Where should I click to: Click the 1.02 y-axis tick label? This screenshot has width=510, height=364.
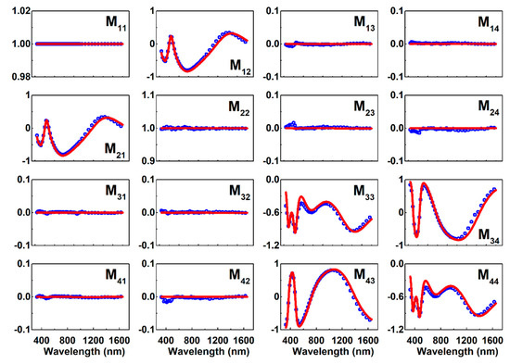click(16, 10)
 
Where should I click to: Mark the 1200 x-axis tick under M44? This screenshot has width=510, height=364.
click(461, 340)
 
